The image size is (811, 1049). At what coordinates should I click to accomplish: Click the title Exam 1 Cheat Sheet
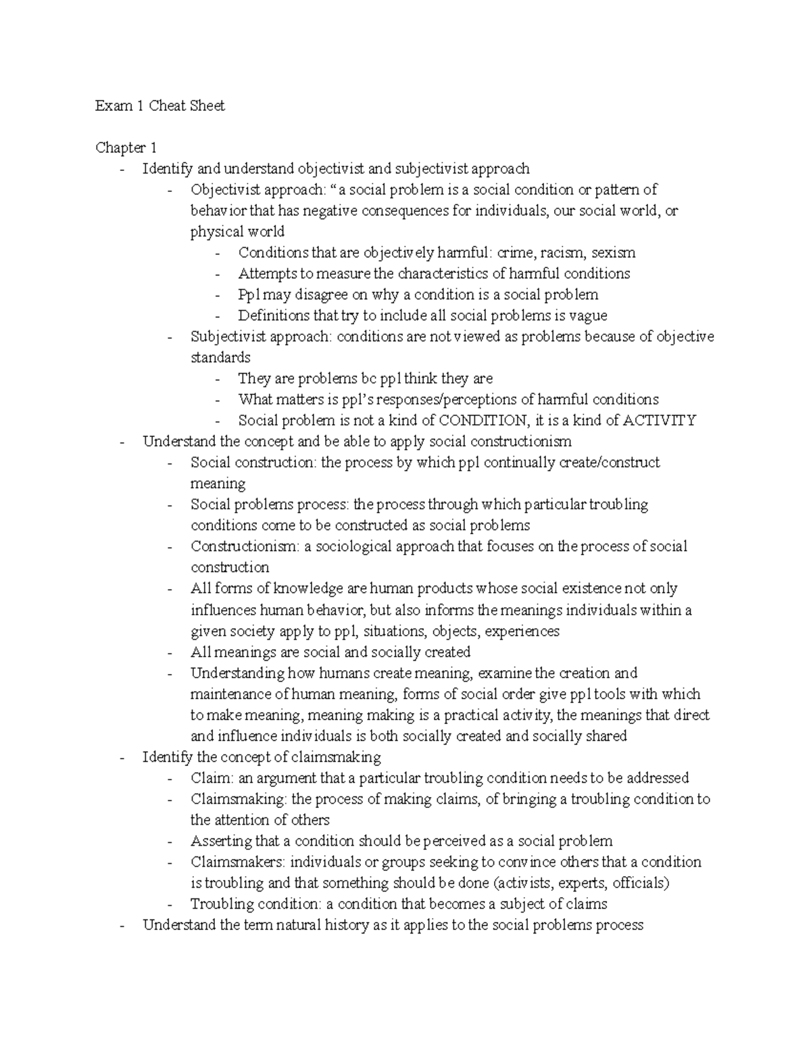click(x=160, y=105)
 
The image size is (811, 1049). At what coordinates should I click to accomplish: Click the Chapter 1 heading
click(x=126, y=147)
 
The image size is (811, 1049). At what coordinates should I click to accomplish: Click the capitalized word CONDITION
click(x=483, y=420)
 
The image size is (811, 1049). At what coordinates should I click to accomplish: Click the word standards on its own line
click(x=220, y=357)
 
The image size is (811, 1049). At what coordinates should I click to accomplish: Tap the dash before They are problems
click(x=216, y=379)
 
